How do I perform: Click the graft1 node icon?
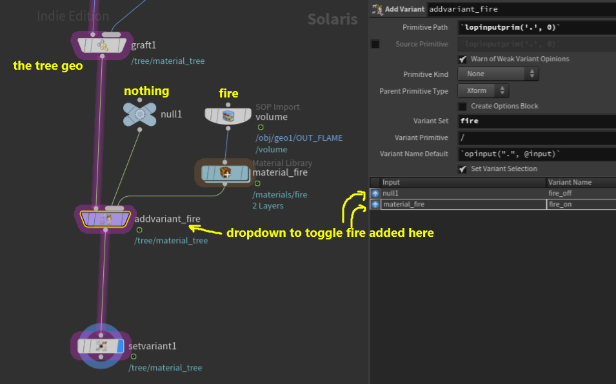102,45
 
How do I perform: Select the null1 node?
139,114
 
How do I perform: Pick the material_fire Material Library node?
225,173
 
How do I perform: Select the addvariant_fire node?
105,219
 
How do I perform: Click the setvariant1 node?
101,347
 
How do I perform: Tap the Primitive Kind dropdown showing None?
498,74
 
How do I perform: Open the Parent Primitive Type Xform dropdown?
483,91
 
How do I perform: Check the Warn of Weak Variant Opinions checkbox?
462,59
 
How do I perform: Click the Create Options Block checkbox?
462,106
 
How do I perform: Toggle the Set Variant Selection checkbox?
462,169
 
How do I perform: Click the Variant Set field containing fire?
537,121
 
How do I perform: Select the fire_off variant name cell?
581,194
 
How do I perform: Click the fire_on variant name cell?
581,205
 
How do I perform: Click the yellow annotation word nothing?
146,91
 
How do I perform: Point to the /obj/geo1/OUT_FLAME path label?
299,138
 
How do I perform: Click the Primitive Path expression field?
537,28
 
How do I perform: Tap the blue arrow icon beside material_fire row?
375,205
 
